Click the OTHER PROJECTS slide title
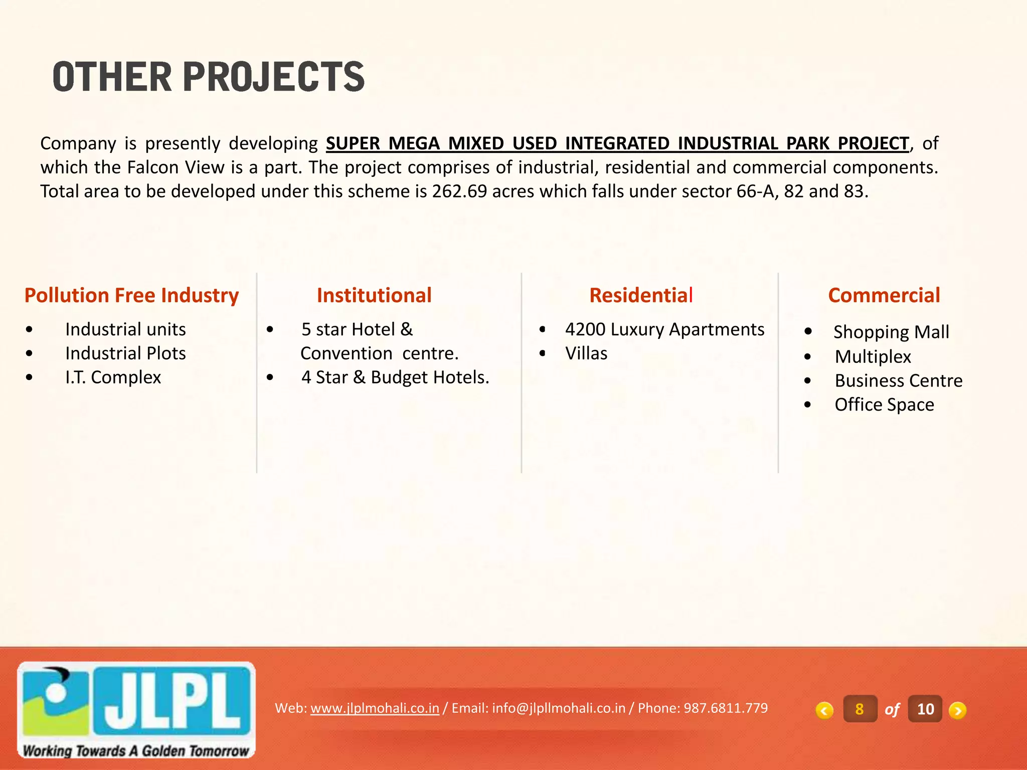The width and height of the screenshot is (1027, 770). click(208, 77)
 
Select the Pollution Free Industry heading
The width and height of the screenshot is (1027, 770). click(131, 295)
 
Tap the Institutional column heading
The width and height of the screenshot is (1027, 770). click(374, 295)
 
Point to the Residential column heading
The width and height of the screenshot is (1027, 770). click(641, 295)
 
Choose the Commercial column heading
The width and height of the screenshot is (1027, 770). click(884, 295)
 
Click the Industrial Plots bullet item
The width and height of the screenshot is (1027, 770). click(125, 353)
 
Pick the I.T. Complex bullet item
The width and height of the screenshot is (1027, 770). click(113, 377)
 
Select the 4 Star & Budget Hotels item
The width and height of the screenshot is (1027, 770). click(395, 377)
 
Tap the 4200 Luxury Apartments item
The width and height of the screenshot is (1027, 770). click(664, 329)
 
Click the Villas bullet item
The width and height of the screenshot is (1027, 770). click(586, 353)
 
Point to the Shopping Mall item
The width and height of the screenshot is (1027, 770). click(891, 332)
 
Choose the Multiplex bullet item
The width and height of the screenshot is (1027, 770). click(873, 356)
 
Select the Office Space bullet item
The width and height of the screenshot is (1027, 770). click(884, 405)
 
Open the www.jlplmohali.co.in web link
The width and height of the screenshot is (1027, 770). click(375, 708)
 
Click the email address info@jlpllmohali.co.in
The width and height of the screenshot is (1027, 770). click(559, 708)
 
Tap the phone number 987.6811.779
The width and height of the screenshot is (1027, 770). click(726, 708)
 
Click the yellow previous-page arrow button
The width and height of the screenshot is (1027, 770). click(824, 710)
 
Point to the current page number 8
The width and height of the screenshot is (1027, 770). click(860, 709)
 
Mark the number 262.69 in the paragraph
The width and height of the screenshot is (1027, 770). click(459, 191)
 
